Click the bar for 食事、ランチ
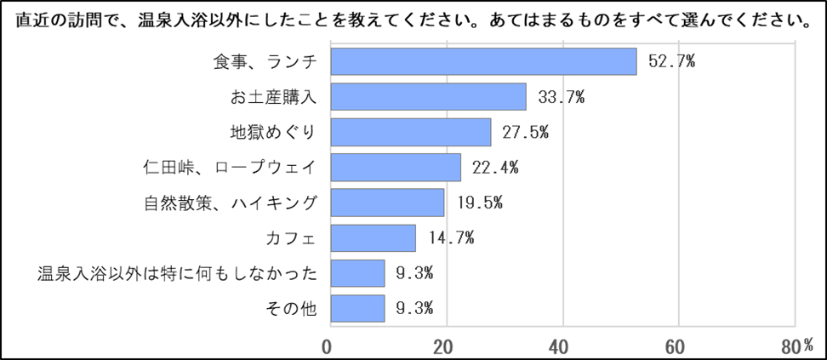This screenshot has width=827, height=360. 483,62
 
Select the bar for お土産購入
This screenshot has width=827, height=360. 428,97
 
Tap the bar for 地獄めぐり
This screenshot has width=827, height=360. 410,133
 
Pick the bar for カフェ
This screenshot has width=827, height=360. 373,238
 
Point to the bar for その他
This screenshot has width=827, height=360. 357,308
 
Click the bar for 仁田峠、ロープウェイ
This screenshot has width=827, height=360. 396,168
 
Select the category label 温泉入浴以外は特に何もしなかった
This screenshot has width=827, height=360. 178,273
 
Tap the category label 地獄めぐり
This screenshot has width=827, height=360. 273,133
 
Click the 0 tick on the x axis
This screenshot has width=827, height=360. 328,346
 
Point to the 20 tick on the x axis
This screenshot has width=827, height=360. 443,346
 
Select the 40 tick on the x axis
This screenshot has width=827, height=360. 560,346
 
